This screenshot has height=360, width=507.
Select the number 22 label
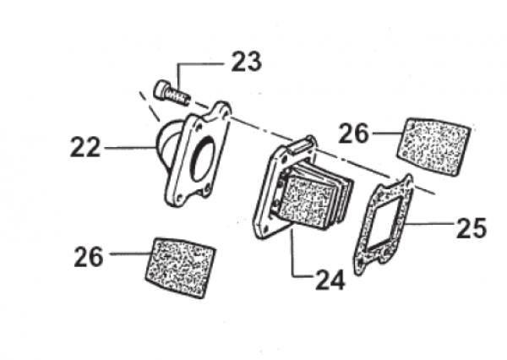[86, 148]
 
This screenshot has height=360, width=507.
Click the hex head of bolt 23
[161, 88]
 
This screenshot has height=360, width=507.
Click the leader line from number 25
[431, 226]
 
